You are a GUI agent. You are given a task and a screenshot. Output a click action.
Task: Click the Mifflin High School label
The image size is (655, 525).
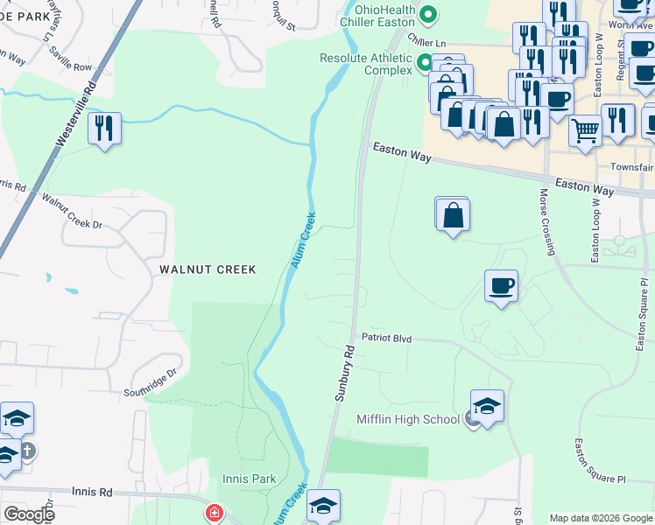(407, 419)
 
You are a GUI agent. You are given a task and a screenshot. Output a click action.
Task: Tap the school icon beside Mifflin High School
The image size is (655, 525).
(487, 406)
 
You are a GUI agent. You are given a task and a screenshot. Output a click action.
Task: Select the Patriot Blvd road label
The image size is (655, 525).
(386, 337)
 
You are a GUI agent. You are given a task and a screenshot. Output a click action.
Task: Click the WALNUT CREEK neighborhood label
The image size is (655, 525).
(208, 269)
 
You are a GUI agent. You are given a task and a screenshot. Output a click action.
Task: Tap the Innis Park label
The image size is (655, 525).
(250, 479)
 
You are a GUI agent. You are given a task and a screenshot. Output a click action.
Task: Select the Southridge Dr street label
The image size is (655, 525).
(151, 381)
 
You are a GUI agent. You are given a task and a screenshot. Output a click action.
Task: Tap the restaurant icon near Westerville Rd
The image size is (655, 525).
(105, 129)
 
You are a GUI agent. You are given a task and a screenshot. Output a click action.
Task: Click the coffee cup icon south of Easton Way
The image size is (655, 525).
(501, 286)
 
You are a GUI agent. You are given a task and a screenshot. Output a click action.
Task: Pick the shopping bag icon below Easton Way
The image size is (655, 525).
(453, 214)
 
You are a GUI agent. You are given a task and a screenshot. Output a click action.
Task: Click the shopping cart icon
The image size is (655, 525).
(585, 130)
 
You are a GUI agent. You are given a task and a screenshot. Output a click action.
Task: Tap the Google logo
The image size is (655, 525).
(28, 514)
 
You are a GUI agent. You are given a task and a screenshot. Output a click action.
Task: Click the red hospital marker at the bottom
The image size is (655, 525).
(213, 514)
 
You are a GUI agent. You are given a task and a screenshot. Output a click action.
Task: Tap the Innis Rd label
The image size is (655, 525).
(94, 493)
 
